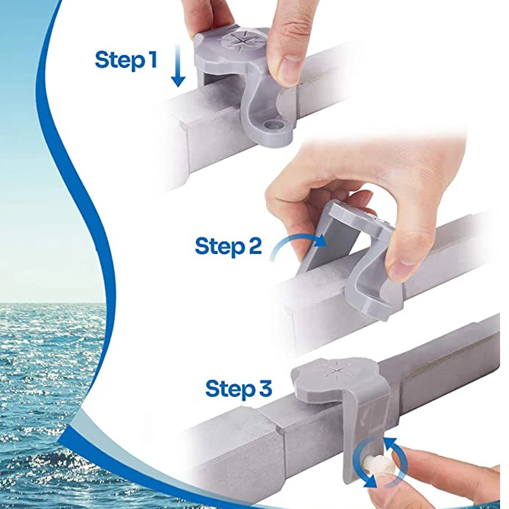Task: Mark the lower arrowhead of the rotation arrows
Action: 370,483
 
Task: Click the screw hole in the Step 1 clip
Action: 275,125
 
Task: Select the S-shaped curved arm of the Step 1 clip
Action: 254,102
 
